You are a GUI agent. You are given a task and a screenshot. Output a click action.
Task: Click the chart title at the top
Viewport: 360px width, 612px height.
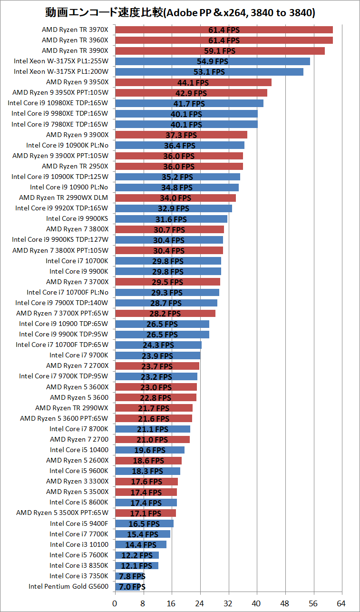click(x=180, y=12)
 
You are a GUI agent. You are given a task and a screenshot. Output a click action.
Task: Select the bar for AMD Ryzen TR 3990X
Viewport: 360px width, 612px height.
click(x=220, y=51)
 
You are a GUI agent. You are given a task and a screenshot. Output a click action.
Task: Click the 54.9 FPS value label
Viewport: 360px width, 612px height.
click(x=213, y=61)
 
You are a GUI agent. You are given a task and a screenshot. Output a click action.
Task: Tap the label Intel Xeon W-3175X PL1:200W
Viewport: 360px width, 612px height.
click(x=61, y=71)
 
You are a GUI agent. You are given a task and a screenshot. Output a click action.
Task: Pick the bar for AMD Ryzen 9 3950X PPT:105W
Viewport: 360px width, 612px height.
click(x=191, y=93)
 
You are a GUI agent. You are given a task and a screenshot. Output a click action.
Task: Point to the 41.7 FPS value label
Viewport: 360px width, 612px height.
click(x=189, y=104)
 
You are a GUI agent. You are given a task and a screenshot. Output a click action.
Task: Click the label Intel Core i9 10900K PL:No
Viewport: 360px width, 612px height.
click(x=67, y=145)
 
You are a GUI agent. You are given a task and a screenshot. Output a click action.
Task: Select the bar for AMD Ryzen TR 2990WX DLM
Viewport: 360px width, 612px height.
click(x=175, y=198)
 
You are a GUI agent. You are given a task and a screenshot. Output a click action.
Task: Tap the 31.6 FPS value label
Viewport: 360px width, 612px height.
click(x=171, y=219)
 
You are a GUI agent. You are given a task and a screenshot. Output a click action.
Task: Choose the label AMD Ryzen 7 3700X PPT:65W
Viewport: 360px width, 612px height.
click(x=62, y=313)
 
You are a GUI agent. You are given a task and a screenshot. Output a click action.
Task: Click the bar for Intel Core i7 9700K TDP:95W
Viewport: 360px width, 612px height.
click(x=156, y=376)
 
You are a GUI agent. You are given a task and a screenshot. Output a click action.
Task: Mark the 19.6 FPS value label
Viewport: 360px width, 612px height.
click(x=150, y=450)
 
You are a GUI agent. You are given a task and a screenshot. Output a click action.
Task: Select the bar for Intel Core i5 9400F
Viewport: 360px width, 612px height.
click(x=144, y=523)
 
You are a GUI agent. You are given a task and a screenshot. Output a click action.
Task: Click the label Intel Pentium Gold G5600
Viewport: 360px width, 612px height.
click(x=68, y=586)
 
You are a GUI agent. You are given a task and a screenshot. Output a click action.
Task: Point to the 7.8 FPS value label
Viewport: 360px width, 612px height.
click(x=132, y=576)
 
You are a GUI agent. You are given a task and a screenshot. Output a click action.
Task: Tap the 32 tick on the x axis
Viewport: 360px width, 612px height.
click(x=228, y=603)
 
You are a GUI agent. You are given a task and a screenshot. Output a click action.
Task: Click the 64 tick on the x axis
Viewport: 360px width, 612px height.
click(x=341, y=603)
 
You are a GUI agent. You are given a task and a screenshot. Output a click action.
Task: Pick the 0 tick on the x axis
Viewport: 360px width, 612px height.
click(x=115, y=603)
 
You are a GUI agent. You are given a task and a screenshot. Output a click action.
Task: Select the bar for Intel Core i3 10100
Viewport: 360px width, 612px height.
click(x=141, y=544)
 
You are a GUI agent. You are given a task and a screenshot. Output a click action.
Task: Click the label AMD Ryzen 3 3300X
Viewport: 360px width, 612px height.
click(x=77, y=481)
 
